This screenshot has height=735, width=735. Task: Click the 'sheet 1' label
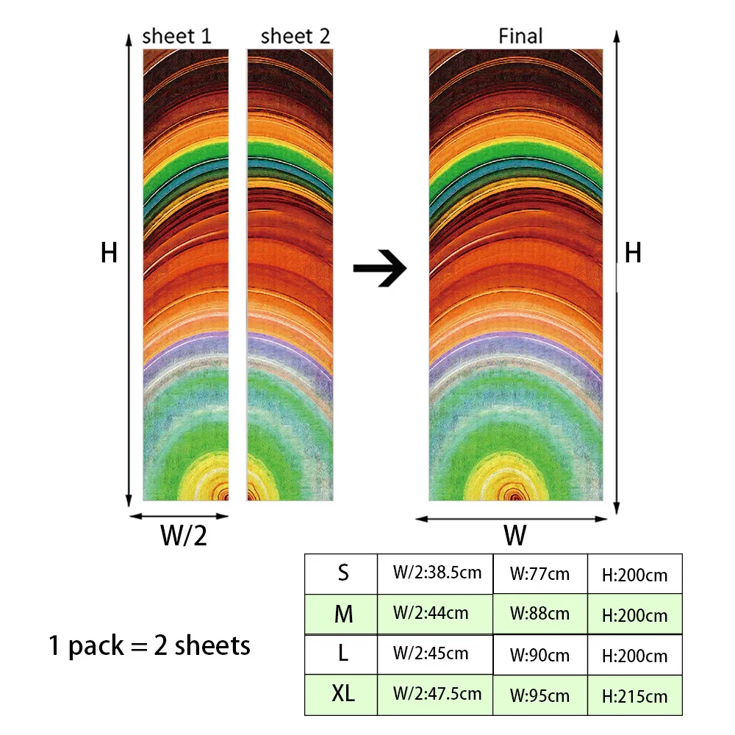pyautogui.click(x=176, y=36)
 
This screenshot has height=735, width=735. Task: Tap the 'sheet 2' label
pyautogui.click(x=295, y=36)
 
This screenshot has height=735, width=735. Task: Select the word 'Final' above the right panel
pyautogui.click(x=520, y=36)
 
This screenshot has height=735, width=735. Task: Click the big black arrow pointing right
pyautogui.click(x=380, y=268)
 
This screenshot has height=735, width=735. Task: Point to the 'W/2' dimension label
pyautogui.click(x=183, y=535)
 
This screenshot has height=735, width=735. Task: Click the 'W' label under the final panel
pyautogui.click(x=515, y=535)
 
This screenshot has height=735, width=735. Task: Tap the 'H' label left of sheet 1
pyautogui.click(x=110, y=253)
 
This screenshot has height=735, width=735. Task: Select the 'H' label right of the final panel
pyautogui.click(x=633, y=253)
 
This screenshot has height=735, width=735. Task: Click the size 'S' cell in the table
pyautogui.click(x=341, y=574)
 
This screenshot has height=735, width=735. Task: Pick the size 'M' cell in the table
pyautogui.click(x=341, y=614)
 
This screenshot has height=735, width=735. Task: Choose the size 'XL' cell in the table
pyautogui.click(x=341, y=695)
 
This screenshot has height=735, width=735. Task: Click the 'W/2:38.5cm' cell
pyautogui.click(x=435, y=574)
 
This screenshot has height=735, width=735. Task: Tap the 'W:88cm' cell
pyautogui.click(x=540, y=614)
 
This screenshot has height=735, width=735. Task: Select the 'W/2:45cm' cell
pyautogui.click(x=435, y=654)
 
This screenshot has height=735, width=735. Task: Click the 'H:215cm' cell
pyautogui.click(x=635, y=695)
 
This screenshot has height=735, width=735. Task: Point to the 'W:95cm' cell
pyautogui.click(x=540, y=695)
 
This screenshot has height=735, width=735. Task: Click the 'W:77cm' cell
pyautogui.click(x=540, y=574)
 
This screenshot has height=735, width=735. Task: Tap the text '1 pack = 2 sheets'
pyautogui.click(x=149, y=646)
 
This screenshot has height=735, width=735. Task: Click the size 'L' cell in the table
pyautogui.click(x=341, y=654)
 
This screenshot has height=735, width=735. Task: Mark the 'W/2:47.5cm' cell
pyautogui.click(x=435, y=695)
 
